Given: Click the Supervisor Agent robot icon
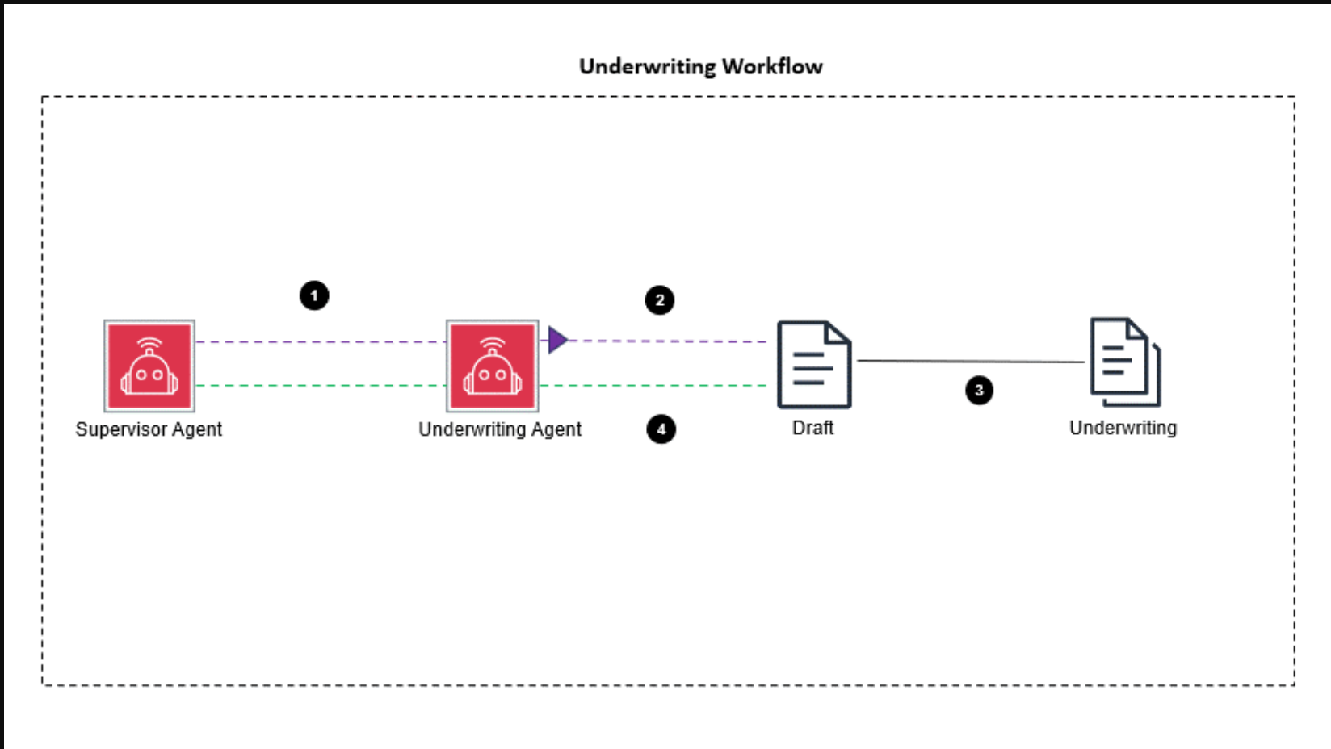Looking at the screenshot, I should click(149, 366).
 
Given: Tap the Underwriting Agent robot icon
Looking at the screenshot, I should click(493, 366).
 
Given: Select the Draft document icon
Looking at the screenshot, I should click(813, 365).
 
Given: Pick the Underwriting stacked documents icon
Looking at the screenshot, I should click(1125, 362).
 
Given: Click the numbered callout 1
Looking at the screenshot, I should click(314, 295).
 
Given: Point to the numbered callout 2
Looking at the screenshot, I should click(660, 300).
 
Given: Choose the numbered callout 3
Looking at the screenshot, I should click(979, 391).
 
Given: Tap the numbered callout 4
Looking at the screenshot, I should click(661, 429).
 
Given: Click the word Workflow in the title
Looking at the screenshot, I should click(772, 66).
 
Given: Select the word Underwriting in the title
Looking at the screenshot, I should click(648, 66).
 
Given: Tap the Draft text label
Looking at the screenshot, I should click(812, 428).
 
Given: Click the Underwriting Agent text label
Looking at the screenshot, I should click(500, 429).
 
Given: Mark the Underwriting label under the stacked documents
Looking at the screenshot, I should click(1123, 428).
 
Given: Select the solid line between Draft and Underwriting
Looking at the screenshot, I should click(969, 361).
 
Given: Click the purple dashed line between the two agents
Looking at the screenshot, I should click(320, 342).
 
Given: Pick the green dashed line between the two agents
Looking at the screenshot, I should click(320, 386).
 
